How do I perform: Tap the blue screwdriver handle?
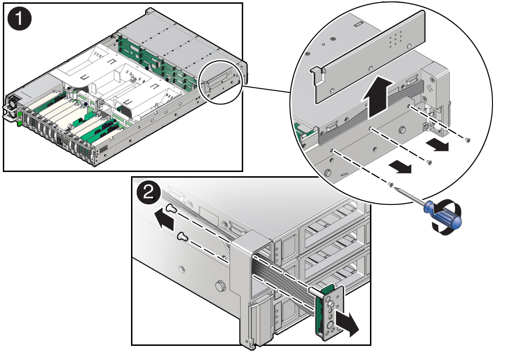(x=443, y=214)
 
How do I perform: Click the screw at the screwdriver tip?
(x=391, y=185)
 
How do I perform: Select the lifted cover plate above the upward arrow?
(x=369, y=57)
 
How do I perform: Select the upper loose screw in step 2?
(x=172, y=208)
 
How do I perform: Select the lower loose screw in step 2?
(x=183, y=236)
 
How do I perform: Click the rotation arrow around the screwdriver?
(x=446, y=215)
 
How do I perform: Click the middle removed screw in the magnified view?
(x=429, y=162)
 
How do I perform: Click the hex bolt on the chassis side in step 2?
(x=221, y=286)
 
